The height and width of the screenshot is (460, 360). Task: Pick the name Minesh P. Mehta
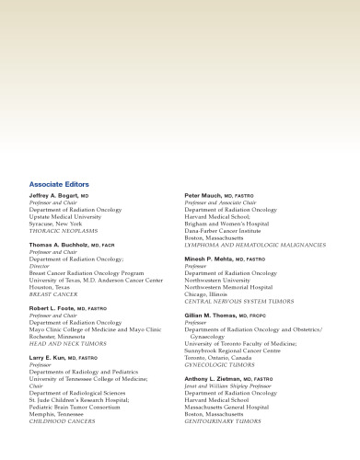[212, 259]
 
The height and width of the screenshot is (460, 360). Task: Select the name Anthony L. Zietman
[219, 378]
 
